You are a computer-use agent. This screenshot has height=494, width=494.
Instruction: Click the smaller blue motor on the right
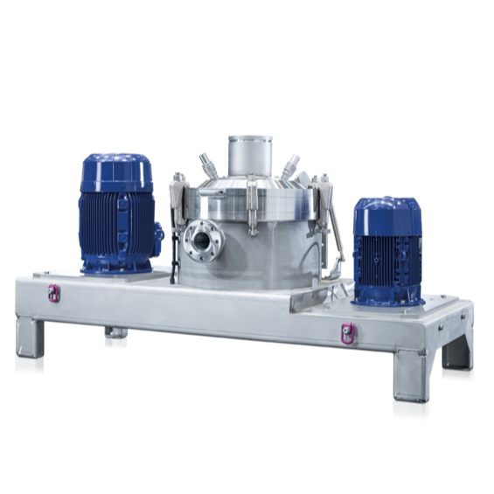[386, 254]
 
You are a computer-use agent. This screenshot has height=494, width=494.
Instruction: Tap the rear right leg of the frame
[457, 355]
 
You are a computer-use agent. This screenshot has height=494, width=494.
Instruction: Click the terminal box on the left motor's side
[159, 234]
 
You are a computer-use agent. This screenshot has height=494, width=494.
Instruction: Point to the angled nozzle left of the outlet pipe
[207, 164]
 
